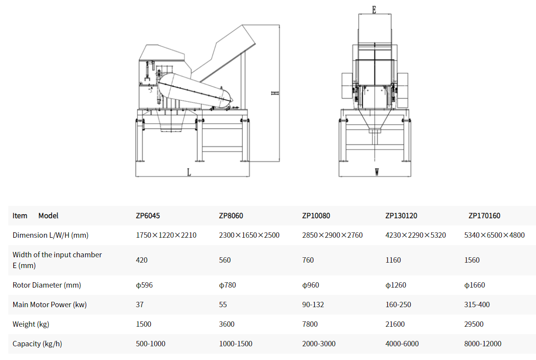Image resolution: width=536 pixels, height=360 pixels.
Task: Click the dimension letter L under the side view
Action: coord(189,172)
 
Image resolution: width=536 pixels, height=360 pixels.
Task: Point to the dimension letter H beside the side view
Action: coord(275,93)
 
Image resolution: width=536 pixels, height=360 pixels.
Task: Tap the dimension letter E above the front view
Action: coord(374,10)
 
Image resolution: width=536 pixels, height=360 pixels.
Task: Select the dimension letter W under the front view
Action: coord(377,172)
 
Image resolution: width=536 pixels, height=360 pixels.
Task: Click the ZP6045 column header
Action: coord(148,216)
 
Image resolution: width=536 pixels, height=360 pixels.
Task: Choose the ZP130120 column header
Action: coord(401,216)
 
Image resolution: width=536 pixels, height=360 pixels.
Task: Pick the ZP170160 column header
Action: coord(485,216)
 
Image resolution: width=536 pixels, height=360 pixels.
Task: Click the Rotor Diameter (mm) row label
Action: coord(47,285)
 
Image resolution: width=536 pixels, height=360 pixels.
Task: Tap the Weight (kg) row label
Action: coord(31,324)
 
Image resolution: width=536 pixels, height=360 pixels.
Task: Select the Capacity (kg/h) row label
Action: coord(37,343)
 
